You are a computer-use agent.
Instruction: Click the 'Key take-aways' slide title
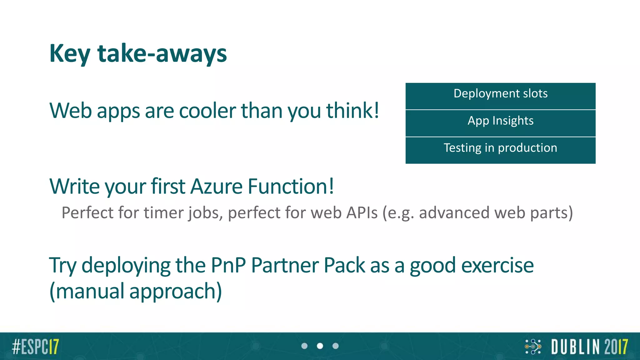[138, 54]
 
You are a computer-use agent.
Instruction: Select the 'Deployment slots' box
[500, 94]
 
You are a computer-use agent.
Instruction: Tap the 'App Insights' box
[500, 121]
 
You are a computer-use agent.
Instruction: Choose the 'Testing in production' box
[500, 148]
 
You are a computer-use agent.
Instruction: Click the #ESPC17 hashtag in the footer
[35, 347]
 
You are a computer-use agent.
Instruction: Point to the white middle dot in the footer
[320, 346]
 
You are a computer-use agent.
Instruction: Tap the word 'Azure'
[216, 187]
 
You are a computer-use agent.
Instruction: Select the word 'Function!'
[291, 187]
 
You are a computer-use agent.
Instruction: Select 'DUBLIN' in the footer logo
[576, 347]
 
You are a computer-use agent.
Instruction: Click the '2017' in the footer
[616, 347]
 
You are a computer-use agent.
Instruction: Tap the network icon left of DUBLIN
[533, 347]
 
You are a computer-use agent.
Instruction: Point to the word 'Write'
[74, 187]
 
